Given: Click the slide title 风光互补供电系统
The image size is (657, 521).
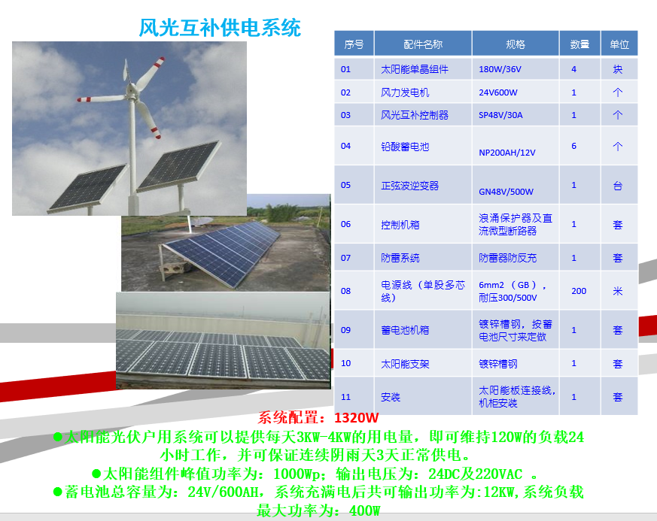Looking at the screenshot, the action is click(220, 28).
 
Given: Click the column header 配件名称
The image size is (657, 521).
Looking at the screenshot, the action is click(423, 44).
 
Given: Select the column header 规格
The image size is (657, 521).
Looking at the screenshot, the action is click(516, 44).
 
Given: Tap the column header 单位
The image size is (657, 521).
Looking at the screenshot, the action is click(619, 44).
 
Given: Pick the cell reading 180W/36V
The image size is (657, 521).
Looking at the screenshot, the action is click(500, 69).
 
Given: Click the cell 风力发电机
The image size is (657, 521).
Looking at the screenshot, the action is click(405, 92).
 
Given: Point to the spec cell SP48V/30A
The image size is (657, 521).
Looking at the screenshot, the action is click(500, 115).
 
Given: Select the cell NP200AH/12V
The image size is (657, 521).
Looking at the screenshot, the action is click(507, 153).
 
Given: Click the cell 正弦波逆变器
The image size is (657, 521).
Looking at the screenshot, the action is click(410, 186).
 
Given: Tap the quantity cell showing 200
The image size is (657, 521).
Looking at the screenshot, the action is click(579, 291).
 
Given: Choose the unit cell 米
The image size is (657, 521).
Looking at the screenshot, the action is click(618, 291).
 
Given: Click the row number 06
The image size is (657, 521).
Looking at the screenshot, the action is click(345, 224).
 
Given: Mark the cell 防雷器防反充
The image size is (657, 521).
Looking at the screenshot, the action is click(507, 258).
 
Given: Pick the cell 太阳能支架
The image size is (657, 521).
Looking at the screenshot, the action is click(405, 364).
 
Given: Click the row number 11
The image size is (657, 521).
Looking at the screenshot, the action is click(345, 397).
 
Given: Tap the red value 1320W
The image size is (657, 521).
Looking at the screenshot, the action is click(357, 418).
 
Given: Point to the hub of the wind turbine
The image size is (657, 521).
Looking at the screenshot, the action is click(132, 89).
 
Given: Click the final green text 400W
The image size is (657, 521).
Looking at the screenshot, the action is click(364, 511).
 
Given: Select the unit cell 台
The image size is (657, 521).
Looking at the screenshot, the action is click(618, 186).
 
